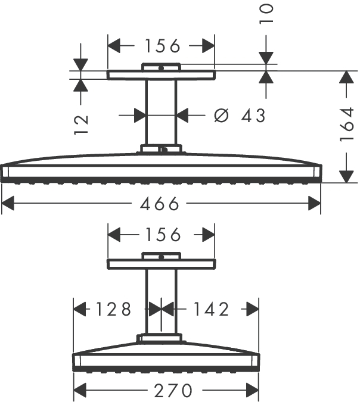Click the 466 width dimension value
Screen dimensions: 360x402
[x=159, y=204]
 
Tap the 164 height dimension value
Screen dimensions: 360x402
[x=347, y=124]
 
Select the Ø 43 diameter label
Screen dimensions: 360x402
[x=240, y=116]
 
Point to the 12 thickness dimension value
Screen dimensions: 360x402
[x=81, y=125]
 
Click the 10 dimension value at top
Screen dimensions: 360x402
[x=266, y=14]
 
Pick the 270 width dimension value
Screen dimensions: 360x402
[x=173, y=391]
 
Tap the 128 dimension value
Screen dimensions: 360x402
[x=113, y=309]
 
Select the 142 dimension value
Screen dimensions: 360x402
[x=211, y=309]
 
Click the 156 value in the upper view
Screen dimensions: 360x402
[x=162, y=46]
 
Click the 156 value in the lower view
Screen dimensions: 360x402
[x=163, y=235]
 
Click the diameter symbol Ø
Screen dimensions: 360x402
[x=221, y=116]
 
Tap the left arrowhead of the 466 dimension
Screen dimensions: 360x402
[x=8, y=204]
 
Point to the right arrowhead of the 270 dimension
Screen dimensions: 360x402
[x=252, y=391]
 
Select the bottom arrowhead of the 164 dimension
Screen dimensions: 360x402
[x=346, y=176]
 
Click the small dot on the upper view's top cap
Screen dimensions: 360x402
[x=161, y=68]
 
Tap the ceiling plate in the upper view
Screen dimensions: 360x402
[x=161, y=75]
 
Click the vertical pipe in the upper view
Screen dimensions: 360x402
[x=161, y=112]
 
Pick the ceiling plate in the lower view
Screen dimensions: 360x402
[x=161, y=264]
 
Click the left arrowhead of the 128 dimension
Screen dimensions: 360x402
[x=79, y=309]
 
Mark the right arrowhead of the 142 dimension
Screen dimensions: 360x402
[x=252, y=309]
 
